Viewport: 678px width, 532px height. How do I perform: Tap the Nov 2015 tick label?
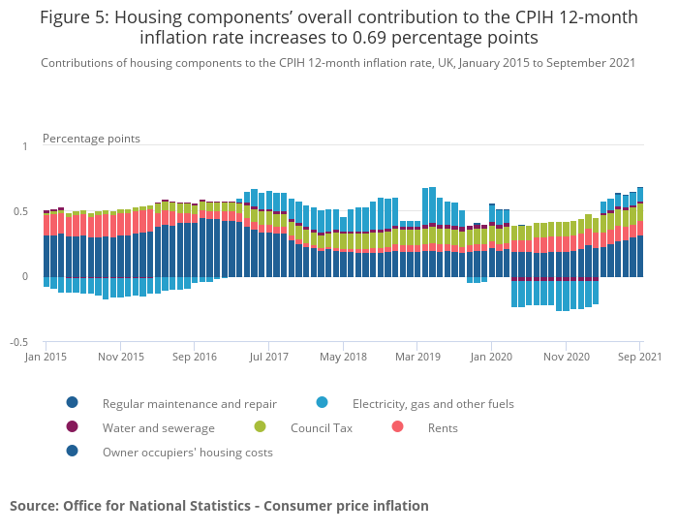tap(121, 357)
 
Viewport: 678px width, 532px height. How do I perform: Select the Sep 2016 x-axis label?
tap(196, 357)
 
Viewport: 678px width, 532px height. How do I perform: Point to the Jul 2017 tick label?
tap(269, 357)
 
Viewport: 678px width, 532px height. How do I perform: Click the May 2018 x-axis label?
tap(344, 357)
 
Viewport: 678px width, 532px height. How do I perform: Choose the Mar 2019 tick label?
tap(418, 357)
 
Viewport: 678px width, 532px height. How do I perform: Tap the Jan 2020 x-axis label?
tap(492, 357)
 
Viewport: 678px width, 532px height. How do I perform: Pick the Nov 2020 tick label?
tap(567, 357)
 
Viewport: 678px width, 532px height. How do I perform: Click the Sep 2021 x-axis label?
tap(638, 357)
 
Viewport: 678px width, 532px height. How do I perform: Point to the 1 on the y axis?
tap(25, 146)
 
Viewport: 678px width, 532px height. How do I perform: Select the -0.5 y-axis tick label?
tap(18, 342)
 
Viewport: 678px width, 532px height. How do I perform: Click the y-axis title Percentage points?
tap(91, 139)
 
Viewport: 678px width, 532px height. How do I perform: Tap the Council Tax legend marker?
tap(260, 427)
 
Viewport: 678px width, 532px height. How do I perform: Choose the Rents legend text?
tap(444, 427)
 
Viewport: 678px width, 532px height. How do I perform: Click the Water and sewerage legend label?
tap(159, 427)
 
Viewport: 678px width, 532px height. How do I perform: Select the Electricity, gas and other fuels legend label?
tap(433, 403)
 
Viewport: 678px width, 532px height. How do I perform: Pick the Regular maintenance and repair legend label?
tap(190, 403)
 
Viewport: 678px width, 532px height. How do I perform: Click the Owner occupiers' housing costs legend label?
tap(188, 452)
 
